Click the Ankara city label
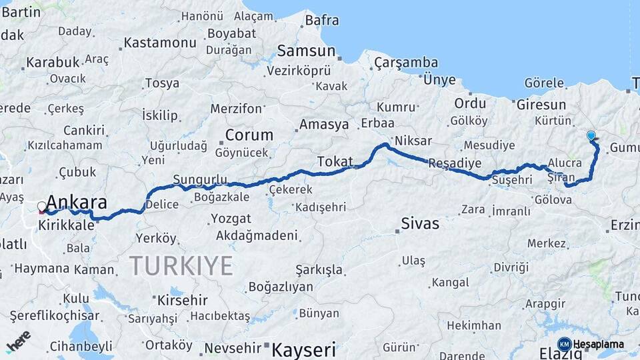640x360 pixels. click(x=77, y=203)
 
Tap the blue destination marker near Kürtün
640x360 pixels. click(x=591, y=135)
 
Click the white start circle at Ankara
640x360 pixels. click(x=42, y=207)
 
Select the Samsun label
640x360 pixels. click(x=306, y=51)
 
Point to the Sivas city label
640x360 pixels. click(x=420, y=223)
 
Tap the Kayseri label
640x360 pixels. click(x=300, y=349)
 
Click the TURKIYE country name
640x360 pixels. click(x=181, y=265)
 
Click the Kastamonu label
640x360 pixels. click(x=161, y=43)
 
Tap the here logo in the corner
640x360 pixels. click(x=18, y=341)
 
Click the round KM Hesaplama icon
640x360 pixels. click(x=564, y=344)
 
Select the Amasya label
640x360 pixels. click(x=324, y=125)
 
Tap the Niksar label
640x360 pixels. click(x=413, y=141)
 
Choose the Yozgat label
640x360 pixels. click(x=231, y=219)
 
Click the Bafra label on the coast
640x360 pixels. click(x=322, y=20)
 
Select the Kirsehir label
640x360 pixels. click(x=181, y=299)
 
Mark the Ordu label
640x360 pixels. click(x=470, y=103)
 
